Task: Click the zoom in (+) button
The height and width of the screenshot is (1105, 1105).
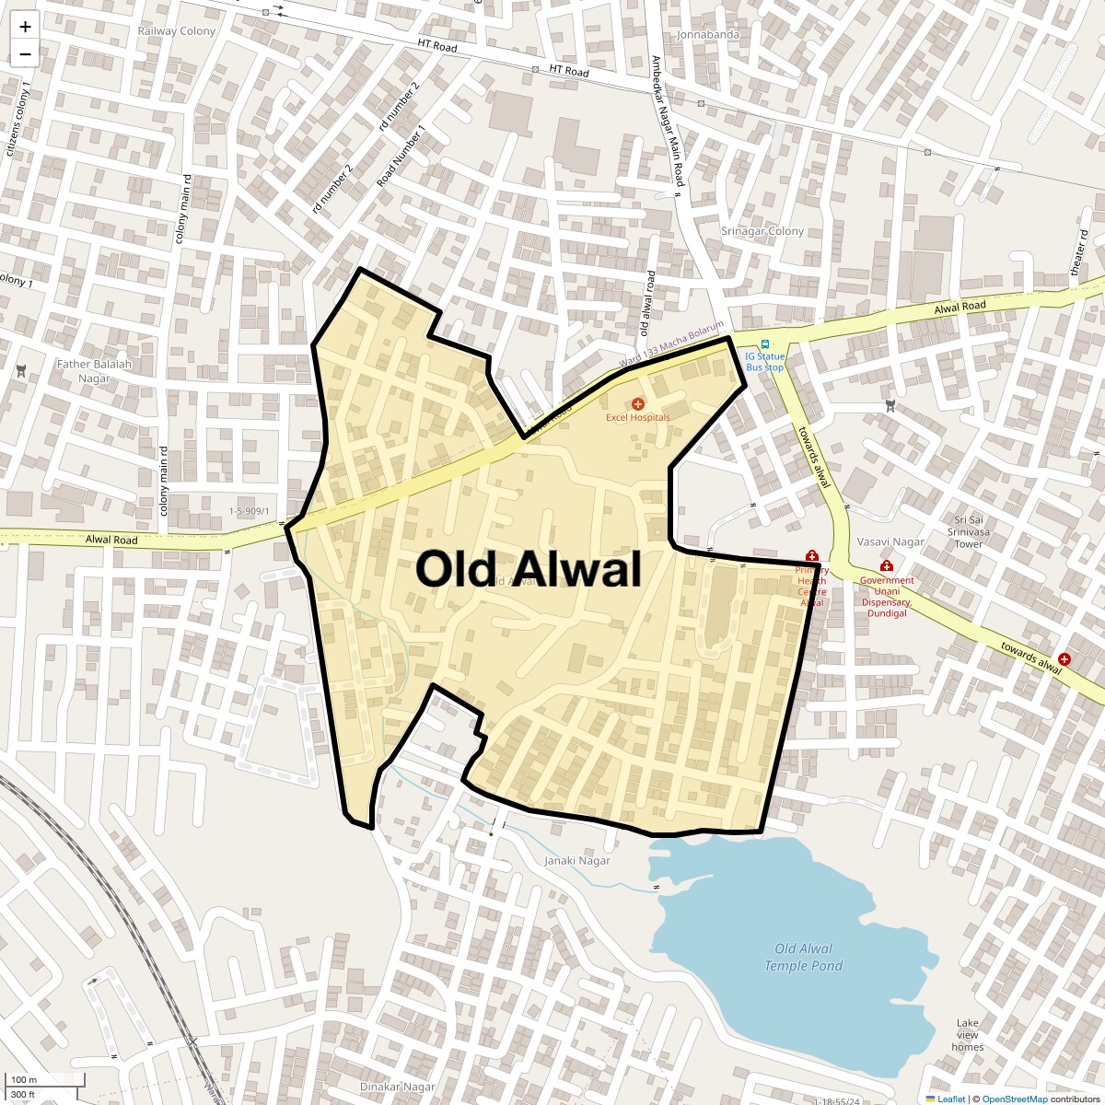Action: click(25, 28)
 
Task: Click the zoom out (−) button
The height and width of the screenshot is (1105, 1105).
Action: click(25, 54)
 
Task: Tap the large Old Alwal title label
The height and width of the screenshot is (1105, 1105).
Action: click(528, 568)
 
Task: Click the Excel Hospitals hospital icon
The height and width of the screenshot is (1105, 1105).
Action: click(637, 404)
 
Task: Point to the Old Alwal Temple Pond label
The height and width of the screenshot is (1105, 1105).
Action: click(803, 957)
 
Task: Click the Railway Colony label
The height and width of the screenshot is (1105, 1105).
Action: click(176, 31)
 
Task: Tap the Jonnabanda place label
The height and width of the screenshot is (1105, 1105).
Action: click(707, 35)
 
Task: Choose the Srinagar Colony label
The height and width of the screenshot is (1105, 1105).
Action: click(762, 231)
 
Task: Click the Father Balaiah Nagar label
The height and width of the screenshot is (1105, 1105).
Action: click(94, 370)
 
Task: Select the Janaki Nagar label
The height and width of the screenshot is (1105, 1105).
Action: click(577, 861)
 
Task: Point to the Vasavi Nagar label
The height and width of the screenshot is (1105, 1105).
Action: click(890, 541)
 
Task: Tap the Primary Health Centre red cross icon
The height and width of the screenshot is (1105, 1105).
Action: click(811, 556)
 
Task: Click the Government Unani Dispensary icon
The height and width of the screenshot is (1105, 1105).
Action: click(886, 566)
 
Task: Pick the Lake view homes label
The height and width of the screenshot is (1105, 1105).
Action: click(967, 1035)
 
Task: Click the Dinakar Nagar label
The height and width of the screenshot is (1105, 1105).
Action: click(397, 1087)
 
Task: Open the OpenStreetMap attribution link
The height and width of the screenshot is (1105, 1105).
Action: click(1014, 1099)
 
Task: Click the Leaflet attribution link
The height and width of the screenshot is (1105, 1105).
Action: click(950, 1099)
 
